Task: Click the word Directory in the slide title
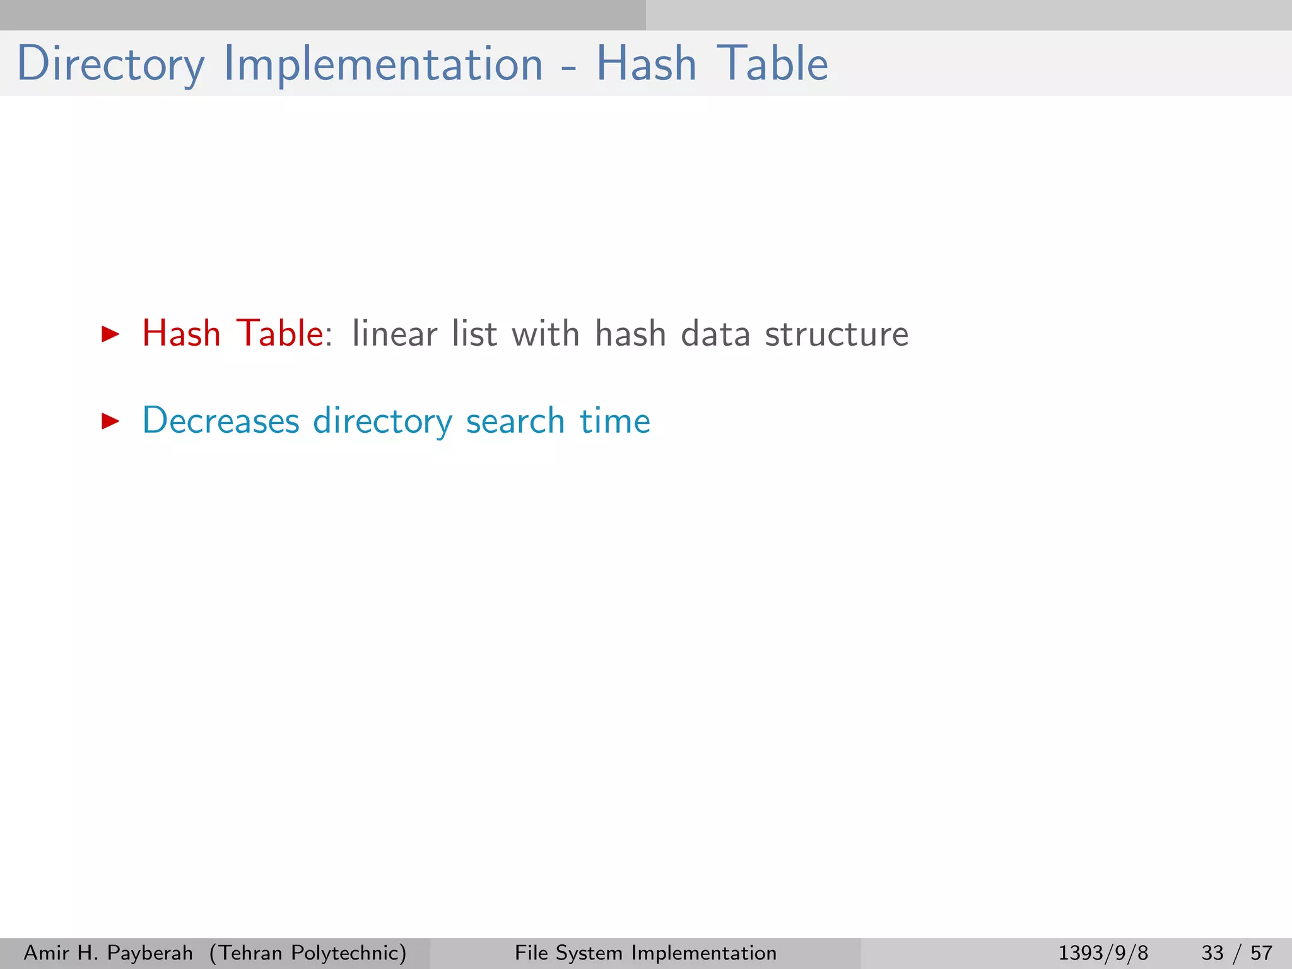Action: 111,64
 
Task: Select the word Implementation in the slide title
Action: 383,64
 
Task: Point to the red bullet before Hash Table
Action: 110,334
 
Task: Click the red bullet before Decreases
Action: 110,421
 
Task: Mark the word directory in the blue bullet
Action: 382,421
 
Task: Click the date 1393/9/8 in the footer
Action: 1103,953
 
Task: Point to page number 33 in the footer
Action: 1213,953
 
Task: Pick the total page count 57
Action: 1261,953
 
